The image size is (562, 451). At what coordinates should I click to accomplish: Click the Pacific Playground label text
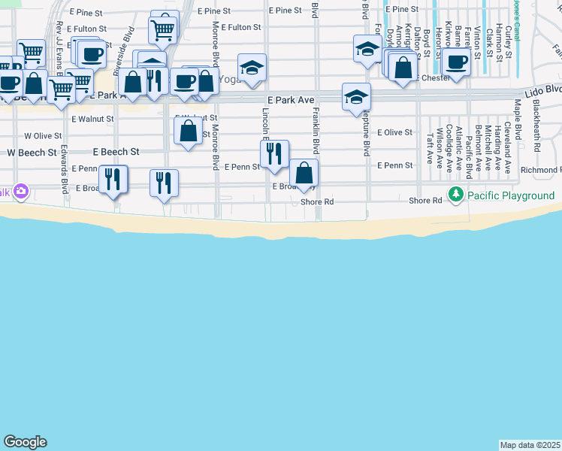pyautogui.click(x=511, y=195)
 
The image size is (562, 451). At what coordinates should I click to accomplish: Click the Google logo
pyautogui.click(x=24, y=442)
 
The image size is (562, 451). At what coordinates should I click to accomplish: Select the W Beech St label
pyautogui.click(x=32, y=152)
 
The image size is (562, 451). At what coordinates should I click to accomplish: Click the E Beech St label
pyautogui.click(x=116, y=152)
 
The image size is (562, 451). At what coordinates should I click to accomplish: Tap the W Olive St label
pyautogui.click(x=43, y=136)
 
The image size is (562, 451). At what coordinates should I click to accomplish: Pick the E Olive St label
pyautogui.click(x=395, y=132)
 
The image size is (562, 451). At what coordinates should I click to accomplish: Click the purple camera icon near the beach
pyautogui.click(x=20, y=191)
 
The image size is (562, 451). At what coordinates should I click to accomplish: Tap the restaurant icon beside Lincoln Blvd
pyautogui.click(x=274, y=153)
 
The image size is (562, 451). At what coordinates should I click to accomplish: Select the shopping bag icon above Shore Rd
pyautogui.click(x=304, y=173)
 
